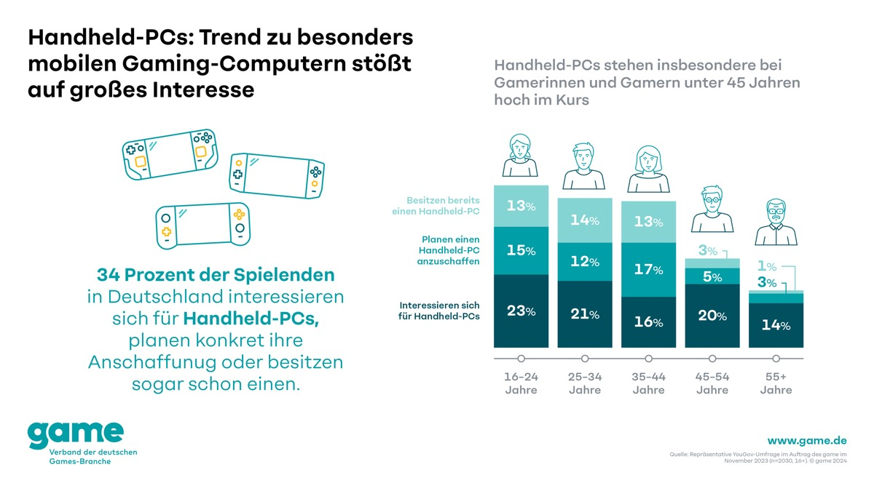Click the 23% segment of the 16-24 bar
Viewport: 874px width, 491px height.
pyautogui.click(x=521, y=311)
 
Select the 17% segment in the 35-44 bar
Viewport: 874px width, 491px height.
pyautogui.click(x=648, y=270)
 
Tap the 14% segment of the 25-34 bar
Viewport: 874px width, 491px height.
pyautogui.click(x=584, y=220)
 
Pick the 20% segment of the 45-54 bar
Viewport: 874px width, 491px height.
pyautogui.click(x=712, y=316)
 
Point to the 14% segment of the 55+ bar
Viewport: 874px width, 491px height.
pyautogui.click(x=776, y=325)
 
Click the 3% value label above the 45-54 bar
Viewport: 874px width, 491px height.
pyautogui.click(x=707, y=250)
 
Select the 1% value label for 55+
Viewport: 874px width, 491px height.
pyautogui.click(x=767, y=267)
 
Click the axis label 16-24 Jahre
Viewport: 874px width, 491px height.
pyautogui.click(x=521, y=383)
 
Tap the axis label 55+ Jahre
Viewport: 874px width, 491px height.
pyautogui.click(x=776, y=383)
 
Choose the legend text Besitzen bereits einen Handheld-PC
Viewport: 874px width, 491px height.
pyautogui.click(x=434, y=205)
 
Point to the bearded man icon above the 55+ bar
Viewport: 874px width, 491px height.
pyautogui.click(x=776, y=221)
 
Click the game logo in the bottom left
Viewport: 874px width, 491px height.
pyautogui.click(x=76, y=434)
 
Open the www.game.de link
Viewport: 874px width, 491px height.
pyautogui.click(x=807, y=440)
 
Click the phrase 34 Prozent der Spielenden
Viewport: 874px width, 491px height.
pyautogui.click(x=216, y=275)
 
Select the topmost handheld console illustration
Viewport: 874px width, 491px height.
pyautogui.click(x=169, y=153)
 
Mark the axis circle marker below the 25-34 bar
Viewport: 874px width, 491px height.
pyautogui.click(x=585, y=359)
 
